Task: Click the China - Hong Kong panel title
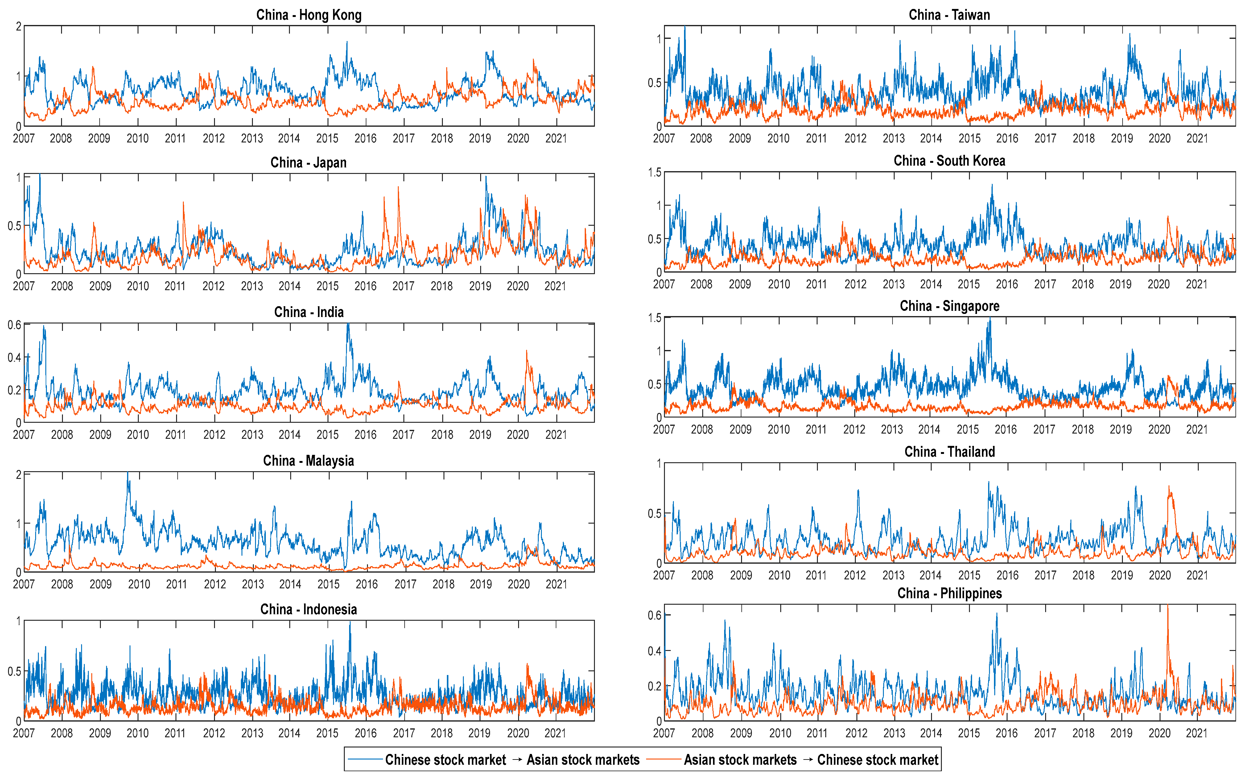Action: (x=309, y=15)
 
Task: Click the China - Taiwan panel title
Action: (x=949, y=15)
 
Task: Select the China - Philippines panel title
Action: (x=949, y=593)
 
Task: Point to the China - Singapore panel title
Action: (x=949, y=306)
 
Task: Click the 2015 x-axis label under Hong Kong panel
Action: (x=327, y=138)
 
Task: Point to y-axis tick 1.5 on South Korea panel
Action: (x=654, y=172)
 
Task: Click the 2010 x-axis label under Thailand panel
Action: (x=779, y=575)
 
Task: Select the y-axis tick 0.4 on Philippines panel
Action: (x=654, y=651)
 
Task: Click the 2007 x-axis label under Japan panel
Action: (x=24, y=286)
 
